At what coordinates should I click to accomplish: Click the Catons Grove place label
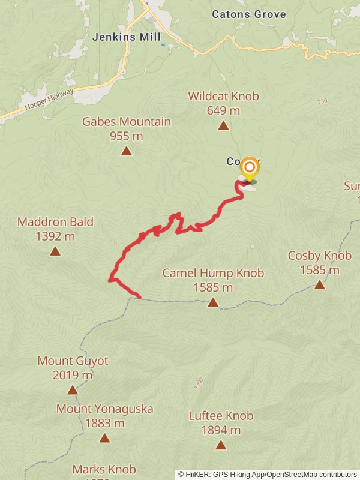[x=248, y=14]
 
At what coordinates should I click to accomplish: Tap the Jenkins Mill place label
[x=127, y=37]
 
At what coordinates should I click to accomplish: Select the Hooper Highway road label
[x=49, y=100]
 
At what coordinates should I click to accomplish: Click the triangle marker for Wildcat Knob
[x=223, y=125]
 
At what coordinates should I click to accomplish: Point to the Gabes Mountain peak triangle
[x=126, y=151]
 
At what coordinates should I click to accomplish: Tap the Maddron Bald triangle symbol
[x=55, y=251]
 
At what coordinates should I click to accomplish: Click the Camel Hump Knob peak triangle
[x=213, y=302]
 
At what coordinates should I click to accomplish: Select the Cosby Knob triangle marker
[x=319, y=284]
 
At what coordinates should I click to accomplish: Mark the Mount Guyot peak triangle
[x=73, y=390]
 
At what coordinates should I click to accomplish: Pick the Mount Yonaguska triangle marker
[x=104, y=438]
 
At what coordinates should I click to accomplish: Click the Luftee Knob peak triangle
[x=221, y=445]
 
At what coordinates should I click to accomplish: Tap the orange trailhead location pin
[x=248, y=169]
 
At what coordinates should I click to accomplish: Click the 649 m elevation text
[x=223, y=110]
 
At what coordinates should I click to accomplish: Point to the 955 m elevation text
[x=126, y=136]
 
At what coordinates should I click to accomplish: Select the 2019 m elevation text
[x=73, y=376]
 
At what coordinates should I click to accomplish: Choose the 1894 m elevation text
[x=221, y=430]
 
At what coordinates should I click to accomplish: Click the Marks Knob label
[x=104, y=469]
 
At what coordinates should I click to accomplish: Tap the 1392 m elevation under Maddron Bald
[x=55, y=236]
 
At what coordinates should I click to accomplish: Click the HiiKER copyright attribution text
[x=268, y=475]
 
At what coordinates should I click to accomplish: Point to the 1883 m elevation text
[x=104, y=423]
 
